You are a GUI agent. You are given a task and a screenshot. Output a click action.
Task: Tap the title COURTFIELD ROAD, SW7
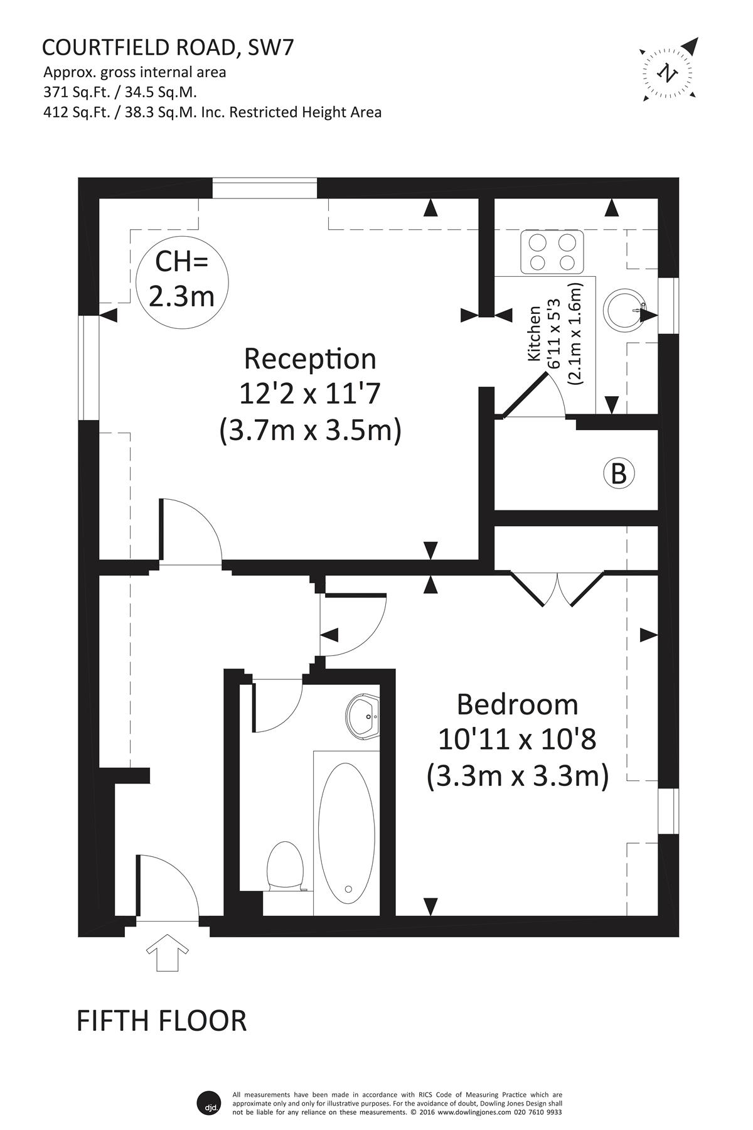tap(168, 48)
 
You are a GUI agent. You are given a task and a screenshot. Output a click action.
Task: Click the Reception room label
tap(310, 359)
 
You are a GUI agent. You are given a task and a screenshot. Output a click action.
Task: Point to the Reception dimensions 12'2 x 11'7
tap(310, 394)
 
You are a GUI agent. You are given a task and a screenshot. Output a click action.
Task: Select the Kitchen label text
tap(534, 333)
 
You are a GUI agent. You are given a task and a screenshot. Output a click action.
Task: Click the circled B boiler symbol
tap(619, 474)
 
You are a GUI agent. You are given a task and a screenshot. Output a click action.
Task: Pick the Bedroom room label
tap(517, 704)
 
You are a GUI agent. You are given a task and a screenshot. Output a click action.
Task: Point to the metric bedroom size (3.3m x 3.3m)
tap(518, 777)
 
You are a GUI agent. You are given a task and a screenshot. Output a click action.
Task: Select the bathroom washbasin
tap(363, 716)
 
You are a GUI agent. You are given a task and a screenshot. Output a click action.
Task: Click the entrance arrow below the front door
tap(169, 952)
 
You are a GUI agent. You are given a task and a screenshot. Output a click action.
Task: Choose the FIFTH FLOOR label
tap(161, 1021)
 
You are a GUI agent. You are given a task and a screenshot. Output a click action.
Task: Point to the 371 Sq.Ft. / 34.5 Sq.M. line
tap(120, 92)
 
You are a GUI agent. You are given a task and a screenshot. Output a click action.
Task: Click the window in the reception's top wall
tap(264, 188)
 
